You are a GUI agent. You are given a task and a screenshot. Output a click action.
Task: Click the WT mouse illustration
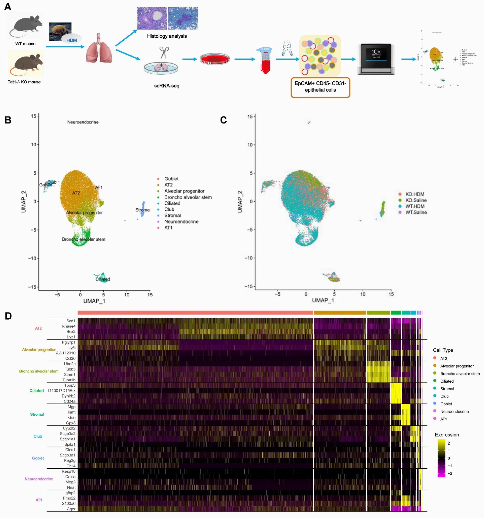coord(25,26)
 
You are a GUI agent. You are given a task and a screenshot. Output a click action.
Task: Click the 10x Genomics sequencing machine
coord(376,59)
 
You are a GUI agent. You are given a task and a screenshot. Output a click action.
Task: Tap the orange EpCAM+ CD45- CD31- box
coord(320,87)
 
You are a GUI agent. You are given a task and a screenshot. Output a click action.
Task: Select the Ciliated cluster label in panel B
coord(103,279)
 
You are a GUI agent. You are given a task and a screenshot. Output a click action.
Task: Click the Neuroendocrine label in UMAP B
coord(83,122)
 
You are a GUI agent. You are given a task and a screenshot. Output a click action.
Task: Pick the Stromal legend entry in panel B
coord(172,215)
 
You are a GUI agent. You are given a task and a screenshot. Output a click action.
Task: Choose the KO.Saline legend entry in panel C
coord(416,200)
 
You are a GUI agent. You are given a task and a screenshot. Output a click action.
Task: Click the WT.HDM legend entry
coord(415,206)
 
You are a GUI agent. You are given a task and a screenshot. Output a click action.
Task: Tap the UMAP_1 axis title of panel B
coord(94,301)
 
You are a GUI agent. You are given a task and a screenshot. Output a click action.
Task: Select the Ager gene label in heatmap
coord(71,509)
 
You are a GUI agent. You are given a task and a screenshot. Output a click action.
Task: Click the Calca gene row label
coord(70,477)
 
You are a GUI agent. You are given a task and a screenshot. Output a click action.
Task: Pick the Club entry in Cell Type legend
coord(444,396)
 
